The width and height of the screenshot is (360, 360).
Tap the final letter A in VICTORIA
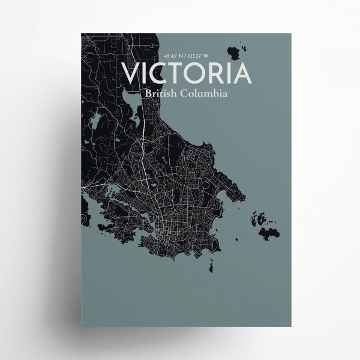pyautogui.click(x=241, y=73)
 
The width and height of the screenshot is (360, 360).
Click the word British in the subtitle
pyautogui.click(x=160, y=94)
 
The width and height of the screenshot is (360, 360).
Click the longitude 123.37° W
pyautogui.click(x=197, y=57)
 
